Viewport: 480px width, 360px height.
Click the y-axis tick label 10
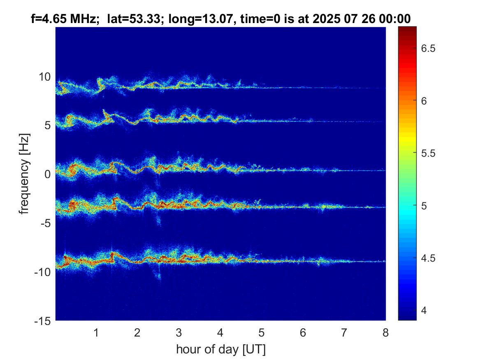click(44, 77)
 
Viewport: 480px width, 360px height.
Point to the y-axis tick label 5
click(47, 125)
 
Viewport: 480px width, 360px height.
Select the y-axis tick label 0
click(47, 174)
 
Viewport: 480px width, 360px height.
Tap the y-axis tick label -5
click(45, 223)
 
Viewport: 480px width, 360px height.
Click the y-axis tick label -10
click(42, 272)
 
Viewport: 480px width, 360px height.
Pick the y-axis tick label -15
click(42, 321)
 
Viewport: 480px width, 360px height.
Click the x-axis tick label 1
click(96, 333)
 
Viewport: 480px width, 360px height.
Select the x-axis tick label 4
click(220, 333)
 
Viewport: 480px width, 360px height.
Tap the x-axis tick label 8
click(385, 333)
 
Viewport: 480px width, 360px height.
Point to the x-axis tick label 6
click(303, 333)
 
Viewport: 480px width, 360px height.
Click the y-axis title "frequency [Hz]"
click(26, 174)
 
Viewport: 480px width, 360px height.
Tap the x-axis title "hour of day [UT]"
click(220, 349)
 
